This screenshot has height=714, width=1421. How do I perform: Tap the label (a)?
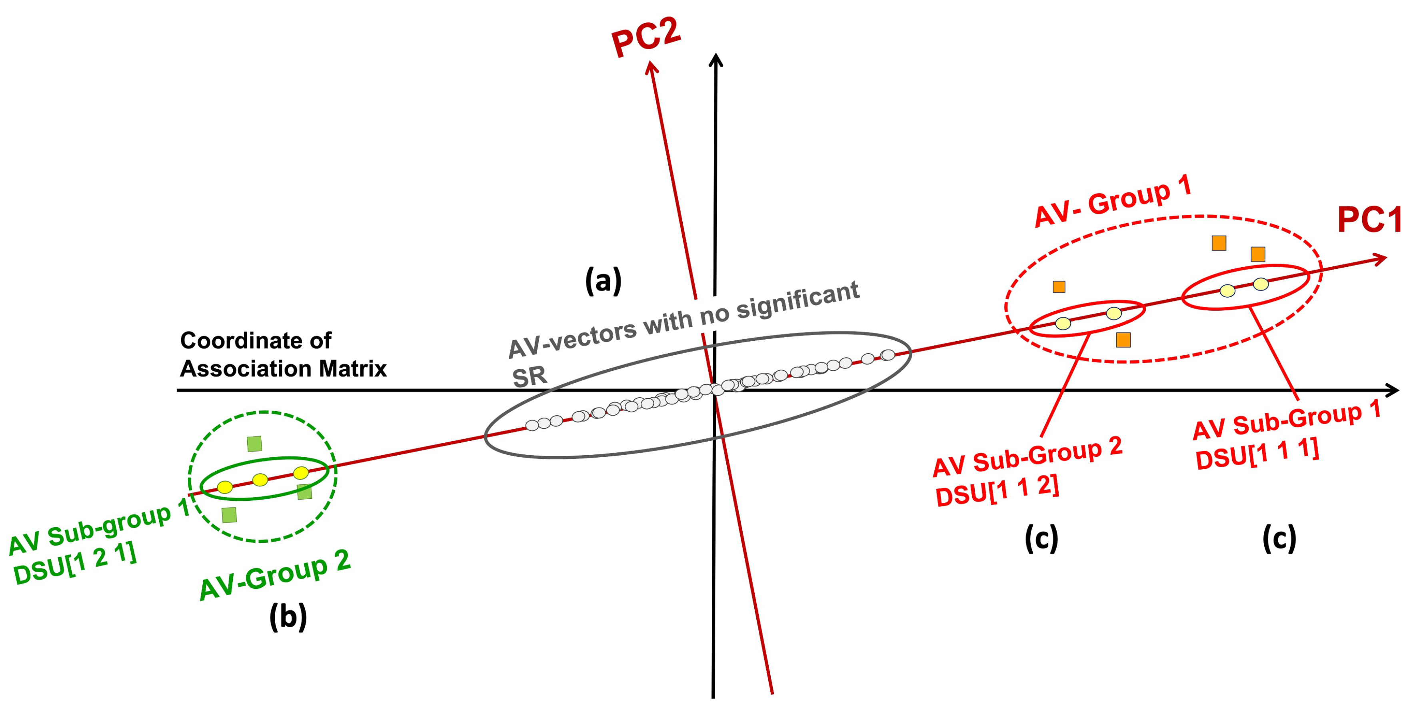coord(603,280)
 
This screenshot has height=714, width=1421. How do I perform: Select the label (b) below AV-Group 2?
coord(288,617)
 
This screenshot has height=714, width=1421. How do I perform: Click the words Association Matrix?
coord(283,368)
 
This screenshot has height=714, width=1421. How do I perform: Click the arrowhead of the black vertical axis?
coord(715,60)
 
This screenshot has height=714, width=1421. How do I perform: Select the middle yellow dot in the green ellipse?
coord(260,480)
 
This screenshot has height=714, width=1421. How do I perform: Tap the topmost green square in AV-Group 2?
coord(254,443)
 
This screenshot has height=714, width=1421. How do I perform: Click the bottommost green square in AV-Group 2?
coord(229,515)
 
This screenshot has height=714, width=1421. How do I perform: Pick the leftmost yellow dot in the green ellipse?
coord(224,487)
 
